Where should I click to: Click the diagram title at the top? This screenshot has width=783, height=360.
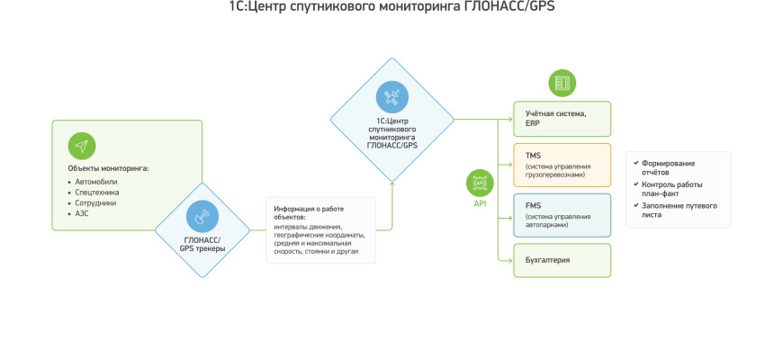(x=391, y=9)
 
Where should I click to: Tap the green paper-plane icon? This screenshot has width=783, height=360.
(x=82, y=146)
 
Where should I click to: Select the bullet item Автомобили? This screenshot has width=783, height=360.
(x=94, y=181)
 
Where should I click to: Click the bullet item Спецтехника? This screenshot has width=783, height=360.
(x=96, y=192)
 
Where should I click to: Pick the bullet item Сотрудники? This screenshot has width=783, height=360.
(x=95, y=202)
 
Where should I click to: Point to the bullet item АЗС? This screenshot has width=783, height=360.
(x=82, y=213)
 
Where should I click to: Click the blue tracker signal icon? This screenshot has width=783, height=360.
(x=202, y=216)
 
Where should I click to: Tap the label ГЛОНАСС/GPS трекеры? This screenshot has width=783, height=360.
(x=202, y=244)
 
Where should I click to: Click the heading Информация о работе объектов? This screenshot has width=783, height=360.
(x=309, y=212)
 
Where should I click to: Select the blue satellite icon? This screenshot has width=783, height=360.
(x=391, y=94)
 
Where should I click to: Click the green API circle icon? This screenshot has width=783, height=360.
(x=480, y=184)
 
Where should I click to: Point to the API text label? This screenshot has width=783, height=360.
(x=480, y=203)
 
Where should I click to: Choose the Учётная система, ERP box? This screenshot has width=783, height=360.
(x=562, y=118)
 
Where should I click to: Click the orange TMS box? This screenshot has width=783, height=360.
(x=562, y=165)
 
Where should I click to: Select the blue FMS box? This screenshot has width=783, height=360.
(x=562, y=215)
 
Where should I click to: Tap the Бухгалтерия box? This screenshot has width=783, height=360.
(x=562, y=259)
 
